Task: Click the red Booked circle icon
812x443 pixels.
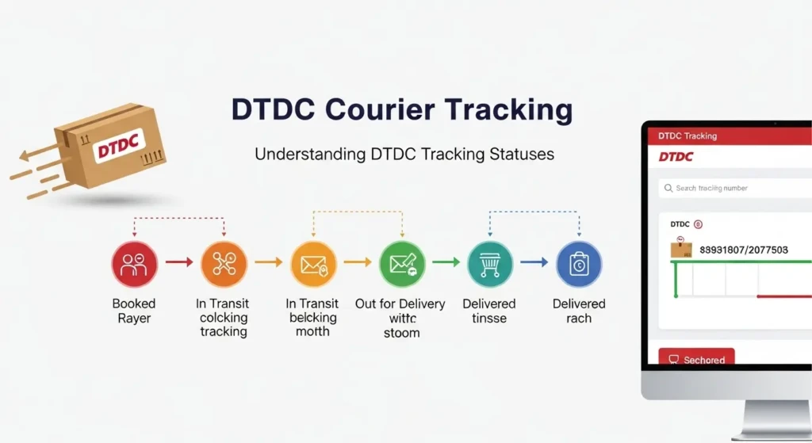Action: pos(134,264)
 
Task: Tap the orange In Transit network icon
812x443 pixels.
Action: pos(224,264)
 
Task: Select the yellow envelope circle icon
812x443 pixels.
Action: pos(313,264)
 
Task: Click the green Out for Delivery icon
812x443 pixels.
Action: pos(402,264)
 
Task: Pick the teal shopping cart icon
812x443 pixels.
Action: pos(490,264)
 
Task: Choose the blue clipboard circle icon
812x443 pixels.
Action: pos(579,264)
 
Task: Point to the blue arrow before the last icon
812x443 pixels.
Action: pos(534,262)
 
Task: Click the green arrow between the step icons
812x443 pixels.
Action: pos(446,262)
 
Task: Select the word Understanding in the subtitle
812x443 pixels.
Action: pos(309,154)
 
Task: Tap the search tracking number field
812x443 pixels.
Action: pos(733,189)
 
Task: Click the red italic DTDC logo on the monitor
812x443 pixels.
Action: pos(676,157)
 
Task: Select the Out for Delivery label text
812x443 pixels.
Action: pos(400,304)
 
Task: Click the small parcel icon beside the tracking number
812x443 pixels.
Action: pos(681,249)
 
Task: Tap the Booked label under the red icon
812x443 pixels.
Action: pos(134,304)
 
